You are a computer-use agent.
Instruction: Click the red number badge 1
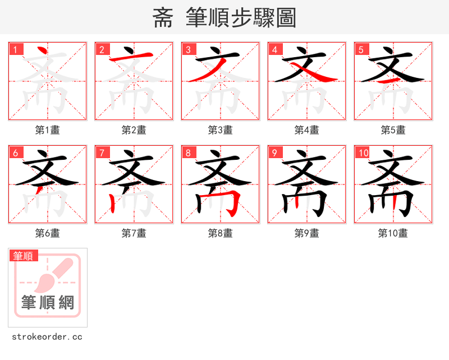(15, 49)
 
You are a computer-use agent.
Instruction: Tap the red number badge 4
(274, 49)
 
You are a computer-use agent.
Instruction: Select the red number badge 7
(102, 153)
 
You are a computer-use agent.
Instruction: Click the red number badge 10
(362, 153)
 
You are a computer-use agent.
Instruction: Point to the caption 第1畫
(48, 130)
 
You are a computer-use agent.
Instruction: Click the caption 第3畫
(221, 130)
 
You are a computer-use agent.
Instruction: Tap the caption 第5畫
(393, 130)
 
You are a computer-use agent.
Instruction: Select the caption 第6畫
(48, 233)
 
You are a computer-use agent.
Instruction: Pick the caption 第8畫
(221, 233)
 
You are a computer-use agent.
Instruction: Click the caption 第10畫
(393, 233)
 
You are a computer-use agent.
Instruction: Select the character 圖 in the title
(286, 18)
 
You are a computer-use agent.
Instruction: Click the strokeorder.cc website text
(47, 337)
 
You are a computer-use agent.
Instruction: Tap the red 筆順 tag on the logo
(24, 256)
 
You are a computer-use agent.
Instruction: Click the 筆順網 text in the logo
(48, 303)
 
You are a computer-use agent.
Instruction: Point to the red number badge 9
(274, 153)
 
